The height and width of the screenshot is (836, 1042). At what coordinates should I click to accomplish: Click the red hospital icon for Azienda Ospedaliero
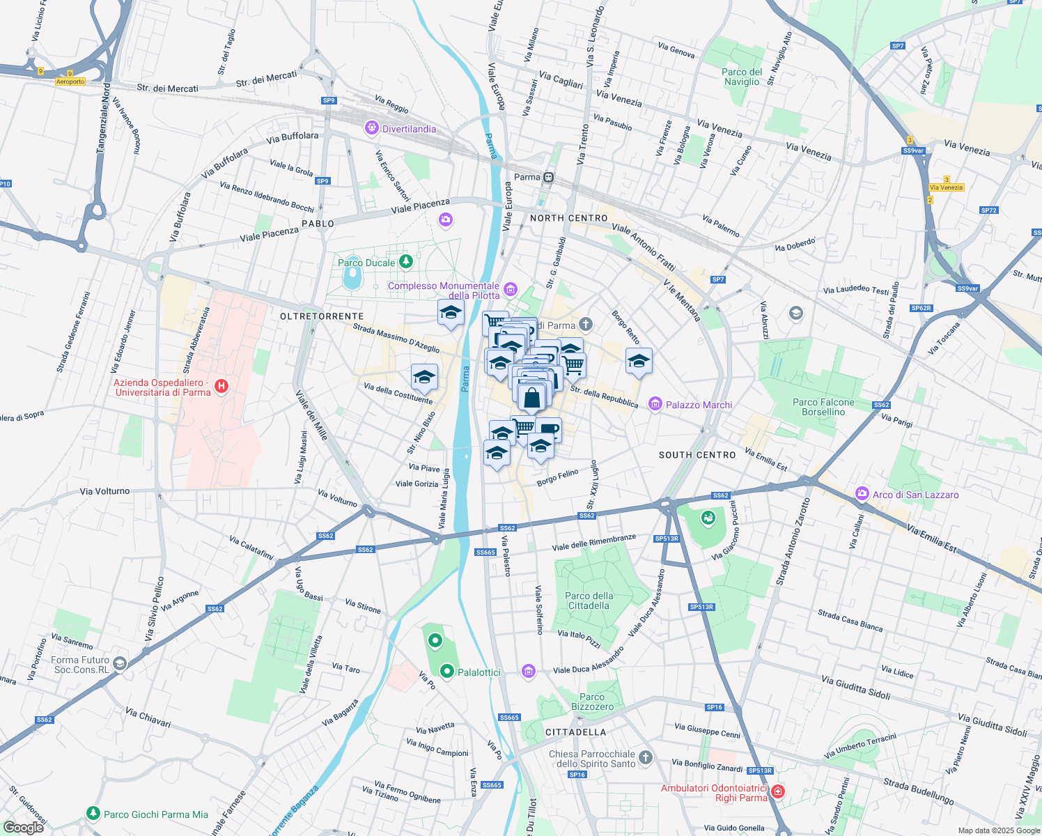pos(221,386)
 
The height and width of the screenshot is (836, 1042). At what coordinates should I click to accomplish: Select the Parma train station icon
pos(549,177)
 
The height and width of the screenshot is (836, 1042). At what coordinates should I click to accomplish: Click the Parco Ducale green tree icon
pos(405,262)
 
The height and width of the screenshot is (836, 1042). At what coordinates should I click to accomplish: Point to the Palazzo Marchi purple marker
pos(655,404)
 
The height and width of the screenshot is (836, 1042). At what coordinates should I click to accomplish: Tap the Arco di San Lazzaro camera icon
pos(862,494)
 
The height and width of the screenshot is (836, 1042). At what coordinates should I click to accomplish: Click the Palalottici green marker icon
pos(447,672)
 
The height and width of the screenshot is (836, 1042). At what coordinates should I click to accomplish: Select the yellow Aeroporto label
pos(70,82)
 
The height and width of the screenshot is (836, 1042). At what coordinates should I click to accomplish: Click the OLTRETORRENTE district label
pos(322,316)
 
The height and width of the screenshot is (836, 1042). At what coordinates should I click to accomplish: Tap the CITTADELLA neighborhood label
pos(575,732)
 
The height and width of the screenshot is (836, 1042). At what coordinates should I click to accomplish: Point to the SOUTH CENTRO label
pos(697,455)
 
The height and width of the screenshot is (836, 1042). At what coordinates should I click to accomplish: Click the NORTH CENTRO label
pos(568,218)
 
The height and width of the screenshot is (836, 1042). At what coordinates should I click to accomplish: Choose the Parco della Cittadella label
pos(589,601)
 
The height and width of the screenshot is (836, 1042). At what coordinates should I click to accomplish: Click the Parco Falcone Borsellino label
pos(823,407)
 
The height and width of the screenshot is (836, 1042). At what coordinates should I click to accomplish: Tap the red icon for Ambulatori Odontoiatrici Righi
pos(778,791)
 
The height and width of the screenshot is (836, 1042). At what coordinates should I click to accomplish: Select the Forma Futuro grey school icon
pos(120,664)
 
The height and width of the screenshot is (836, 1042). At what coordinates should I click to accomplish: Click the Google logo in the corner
pos(23,828)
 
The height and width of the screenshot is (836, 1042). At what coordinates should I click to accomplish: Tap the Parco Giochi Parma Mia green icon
pos(93,814)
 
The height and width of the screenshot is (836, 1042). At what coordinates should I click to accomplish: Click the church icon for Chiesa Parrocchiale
pos(646,758)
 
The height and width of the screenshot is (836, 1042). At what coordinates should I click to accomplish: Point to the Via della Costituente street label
pos(398,394)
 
